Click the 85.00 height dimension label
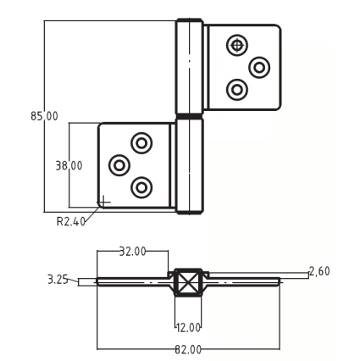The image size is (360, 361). click(x=44, y=116)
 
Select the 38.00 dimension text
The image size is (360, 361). click(x=69, y=165)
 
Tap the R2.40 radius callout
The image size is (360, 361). click(x=70, y=221)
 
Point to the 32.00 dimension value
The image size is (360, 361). click(x=132, y=251)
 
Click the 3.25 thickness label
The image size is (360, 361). click(x=58, y=280)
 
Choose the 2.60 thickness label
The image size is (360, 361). click(x=319, y=271)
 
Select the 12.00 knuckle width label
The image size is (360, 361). click(x=188, y=328)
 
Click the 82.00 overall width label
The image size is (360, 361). click(x=188, y=350)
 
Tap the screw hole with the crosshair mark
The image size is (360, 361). click(x=237, y=45)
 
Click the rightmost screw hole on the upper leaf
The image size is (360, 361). click(x=259, y=68)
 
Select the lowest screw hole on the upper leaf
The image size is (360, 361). click(x=237, y=90)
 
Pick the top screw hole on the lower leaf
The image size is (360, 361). click(x=141, y=143)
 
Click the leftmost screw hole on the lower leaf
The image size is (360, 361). click(x=119, y=165)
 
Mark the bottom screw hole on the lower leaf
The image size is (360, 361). click(x=141, y=187)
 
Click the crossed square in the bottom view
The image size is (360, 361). click(x=188, y=282)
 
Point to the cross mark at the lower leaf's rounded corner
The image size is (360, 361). click(x=104, y=202)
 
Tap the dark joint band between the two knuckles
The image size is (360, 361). click(x=190, y=116)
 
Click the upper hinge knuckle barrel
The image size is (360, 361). click(x=190, y=66)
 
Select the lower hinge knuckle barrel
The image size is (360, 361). click(x=190, y=166)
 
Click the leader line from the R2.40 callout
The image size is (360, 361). click(x=92, y=214)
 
